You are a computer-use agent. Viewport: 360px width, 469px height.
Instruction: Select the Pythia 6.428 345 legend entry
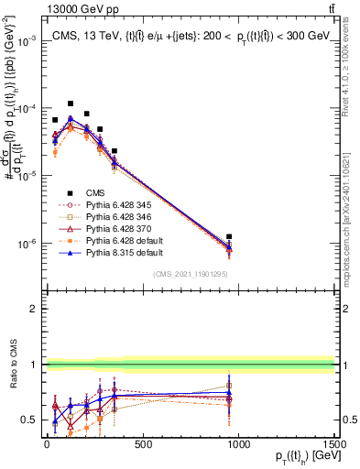[114, 204]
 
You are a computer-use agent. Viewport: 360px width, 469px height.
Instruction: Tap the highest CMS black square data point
[71, 104]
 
